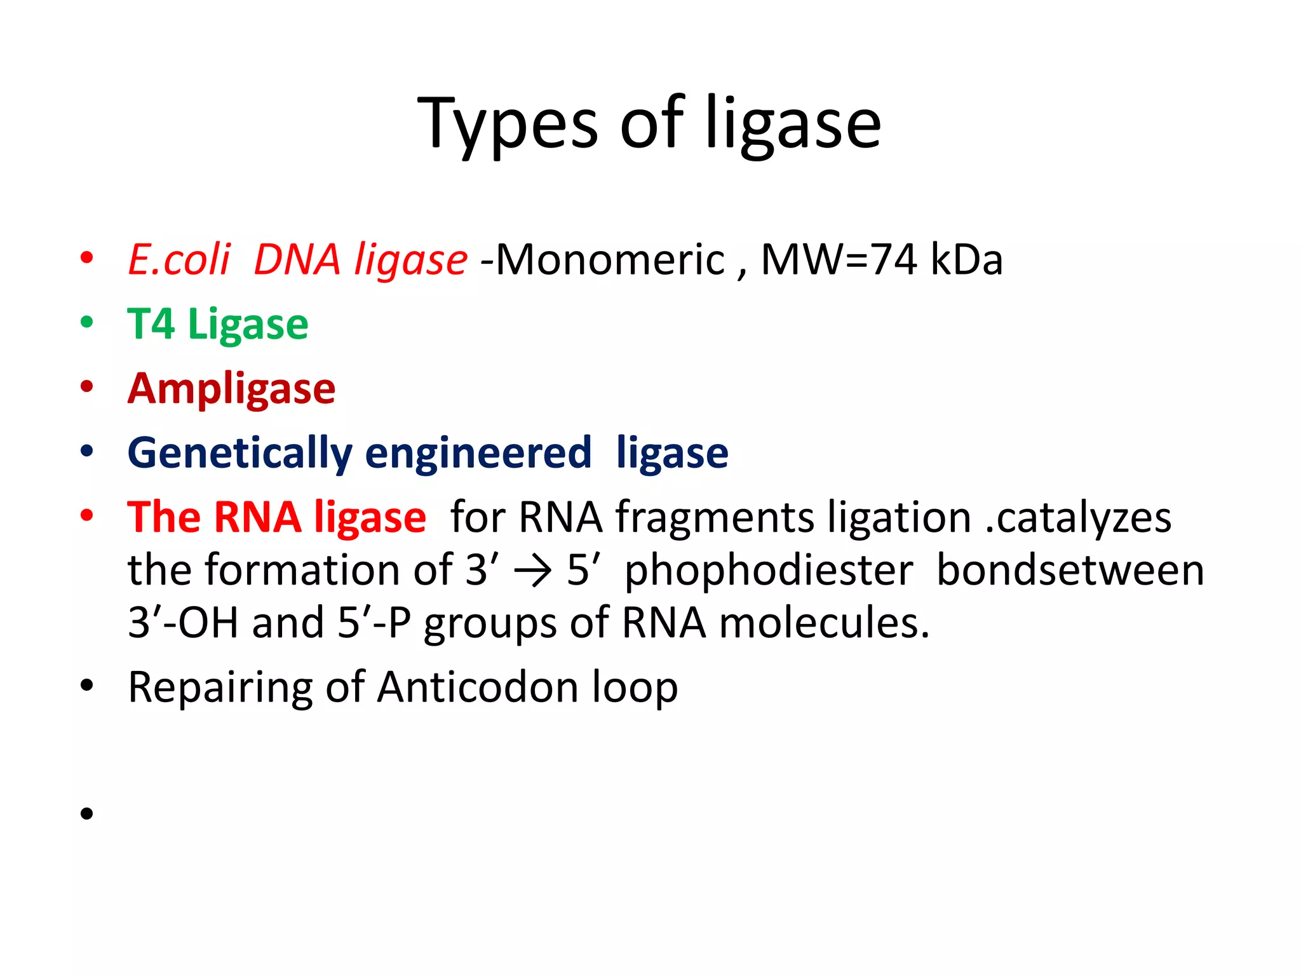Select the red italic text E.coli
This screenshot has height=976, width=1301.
pos(179,260)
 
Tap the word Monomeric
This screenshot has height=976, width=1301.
pos(609,260)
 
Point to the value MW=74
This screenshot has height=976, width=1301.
pos(839,260)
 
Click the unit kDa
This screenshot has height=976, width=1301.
pos(966,260)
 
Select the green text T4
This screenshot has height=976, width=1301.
pos(151,324)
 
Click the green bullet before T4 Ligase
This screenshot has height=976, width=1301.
pos(87,322)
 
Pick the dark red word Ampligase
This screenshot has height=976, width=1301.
pos(231,389)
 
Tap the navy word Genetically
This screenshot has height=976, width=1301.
pos(239,454)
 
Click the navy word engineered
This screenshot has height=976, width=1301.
pos(478,452)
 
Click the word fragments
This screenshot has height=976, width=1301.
pos(715,518)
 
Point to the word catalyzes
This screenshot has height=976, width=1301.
pos(1083,518)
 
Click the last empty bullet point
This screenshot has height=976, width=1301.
pos(87,813)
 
